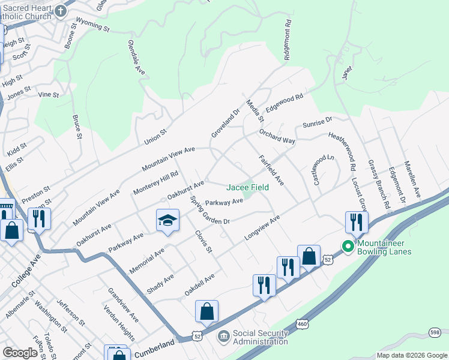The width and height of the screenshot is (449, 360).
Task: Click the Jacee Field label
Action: point(247,187)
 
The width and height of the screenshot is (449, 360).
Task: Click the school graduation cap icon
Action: point(168,220)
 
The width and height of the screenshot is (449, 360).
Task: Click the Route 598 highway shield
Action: point(435,332)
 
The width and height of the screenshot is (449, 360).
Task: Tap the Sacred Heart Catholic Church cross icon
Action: point(61,10)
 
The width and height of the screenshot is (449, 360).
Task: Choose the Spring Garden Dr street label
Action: point(209,211)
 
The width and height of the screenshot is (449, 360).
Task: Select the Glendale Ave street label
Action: point(137,58)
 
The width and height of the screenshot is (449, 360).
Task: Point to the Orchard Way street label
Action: point(277,136)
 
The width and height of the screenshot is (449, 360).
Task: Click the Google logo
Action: point(20,353)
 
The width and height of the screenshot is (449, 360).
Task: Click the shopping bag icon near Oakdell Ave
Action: point(206,311)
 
